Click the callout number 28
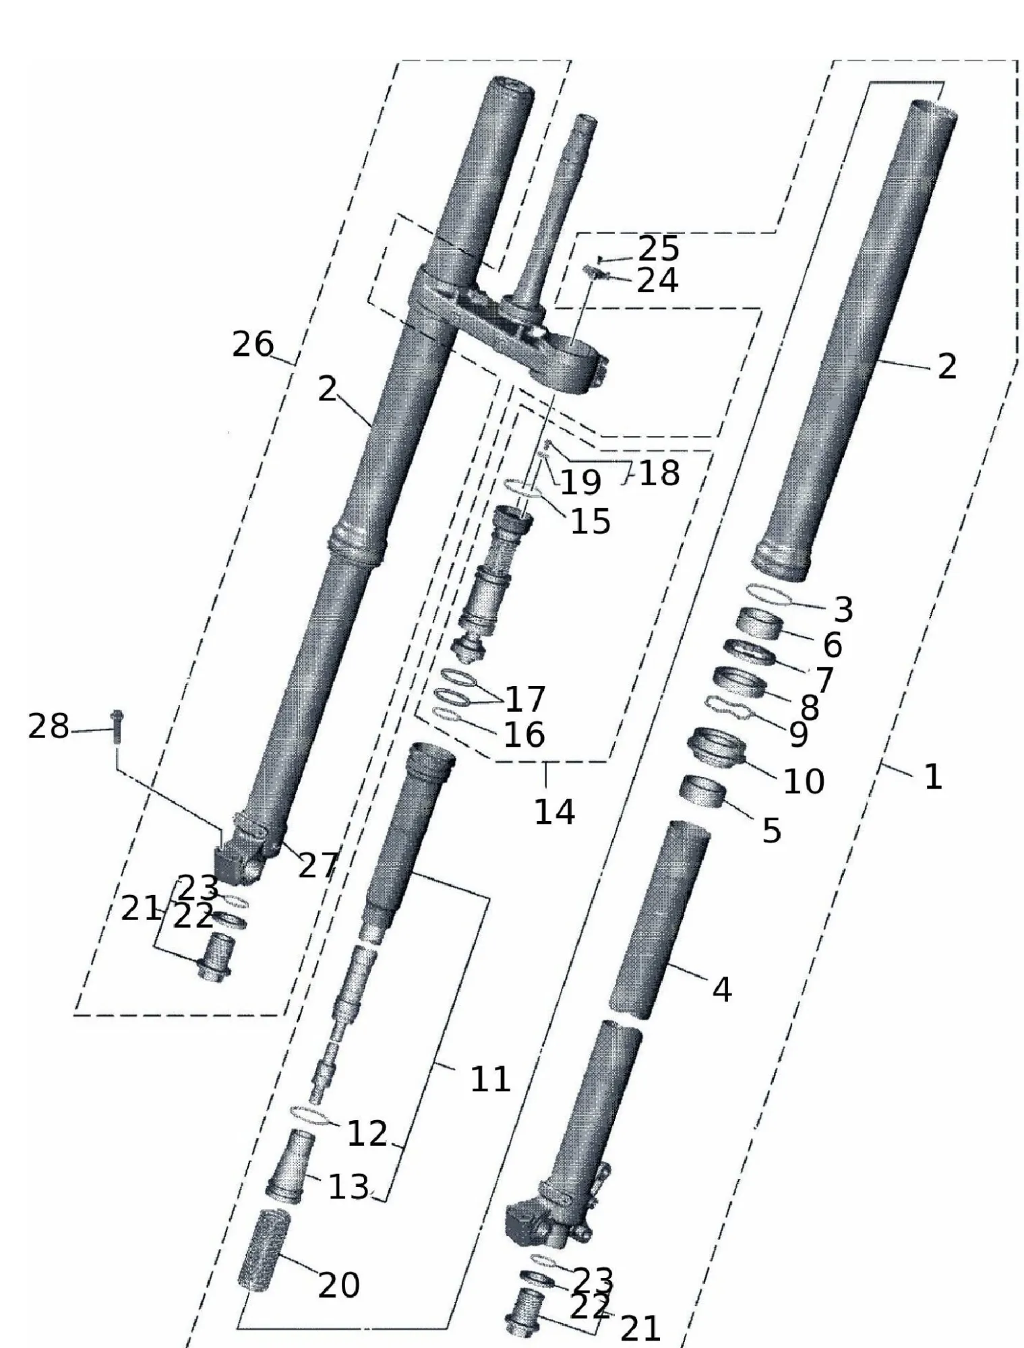coord(48,727)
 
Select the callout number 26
coord(253,345)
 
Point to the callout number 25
coord(658,249)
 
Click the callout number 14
coord(554,812)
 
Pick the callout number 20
coord(338,1285)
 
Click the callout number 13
coord(348,1187)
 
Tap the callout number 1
coord(932,777)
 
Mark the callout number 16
coord(524,734)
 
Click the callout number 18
coord(659,473)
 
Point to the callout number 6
coord(832,645)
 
